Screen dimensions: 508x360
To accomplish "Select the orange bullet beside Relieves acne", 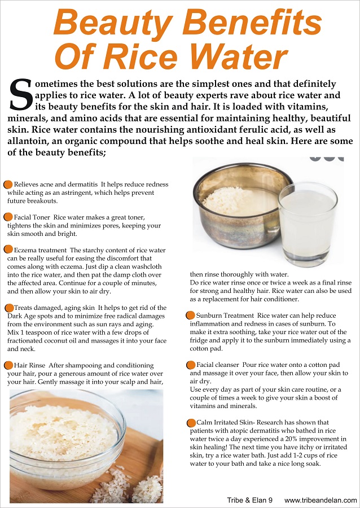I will click(x=8, y=185).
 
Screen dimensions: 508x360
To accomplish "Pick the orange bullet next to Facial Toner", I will click(x=8, y=217).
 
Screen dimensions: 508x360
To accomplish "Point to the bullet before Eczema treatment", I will click(x=8, y=249).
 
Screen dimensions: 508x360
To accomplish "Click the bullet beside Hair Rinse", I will click(x=8, y=365).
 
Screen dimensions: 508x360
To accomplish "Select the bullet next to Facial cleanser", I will click(x=191, y=365).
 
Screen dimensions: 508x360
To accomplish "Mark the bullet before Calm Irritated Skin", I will click(x=191, y=422).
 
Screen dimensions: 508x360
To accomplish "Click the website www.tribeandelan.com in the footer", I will click(x=320, y=500).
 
